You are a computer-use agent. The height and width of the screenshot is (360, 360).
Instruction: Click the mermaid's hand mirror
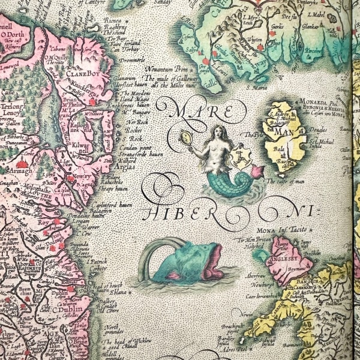(x=188, y=137)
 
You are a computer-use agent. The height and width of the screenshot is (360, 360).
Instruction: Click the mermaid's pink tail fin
(x=258, y=171)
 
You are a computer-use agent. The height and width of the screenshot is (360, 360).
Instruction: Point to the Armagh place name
(x=20, y=173)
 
